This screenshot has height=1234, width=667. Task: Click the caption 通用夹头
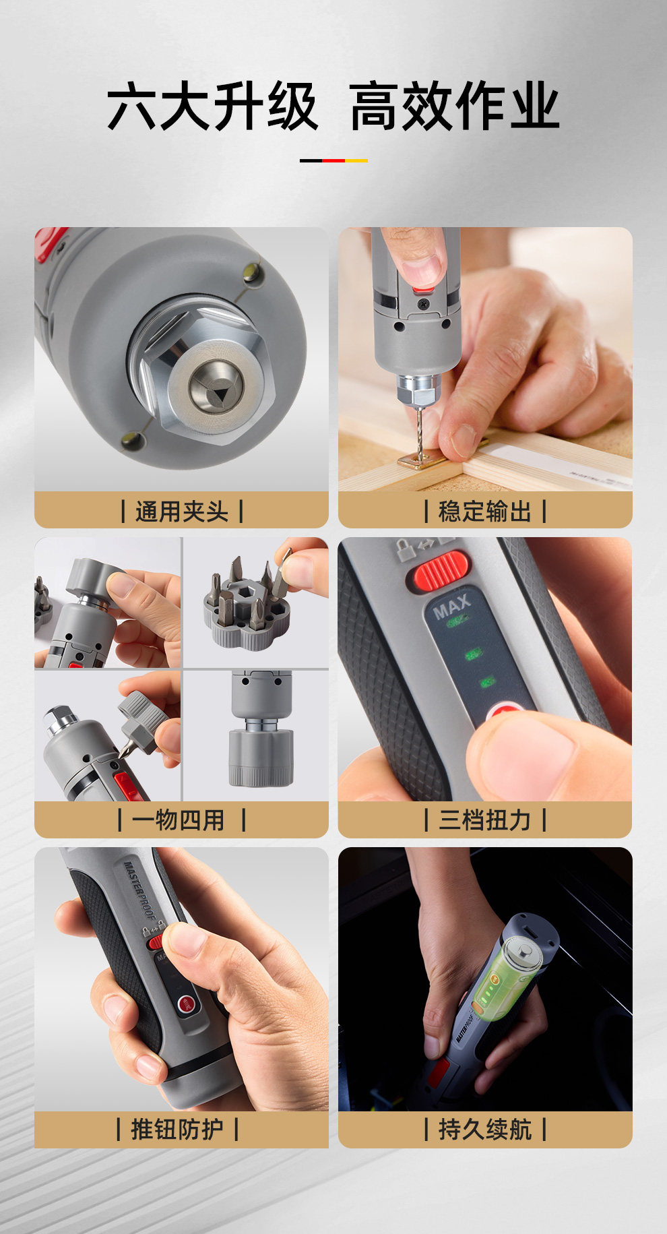182,512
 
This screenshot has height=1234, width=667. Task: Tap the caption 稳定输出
485,512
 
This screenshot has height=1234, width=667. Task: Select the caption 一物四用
179,820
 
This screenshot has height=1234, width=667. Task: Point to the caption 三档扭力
485,820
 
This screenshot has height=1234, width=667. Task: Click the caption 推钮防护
177,1129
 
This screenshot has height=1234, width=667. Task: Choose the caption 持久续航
485,1129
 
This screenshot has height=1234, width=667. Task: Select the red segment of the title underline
333,160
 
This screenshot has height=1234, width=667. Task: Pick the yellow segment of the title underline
356,160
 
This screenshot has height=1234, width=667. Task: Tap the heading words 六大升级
212,106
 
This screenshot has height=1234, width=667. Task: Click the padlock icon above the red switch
404,550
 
